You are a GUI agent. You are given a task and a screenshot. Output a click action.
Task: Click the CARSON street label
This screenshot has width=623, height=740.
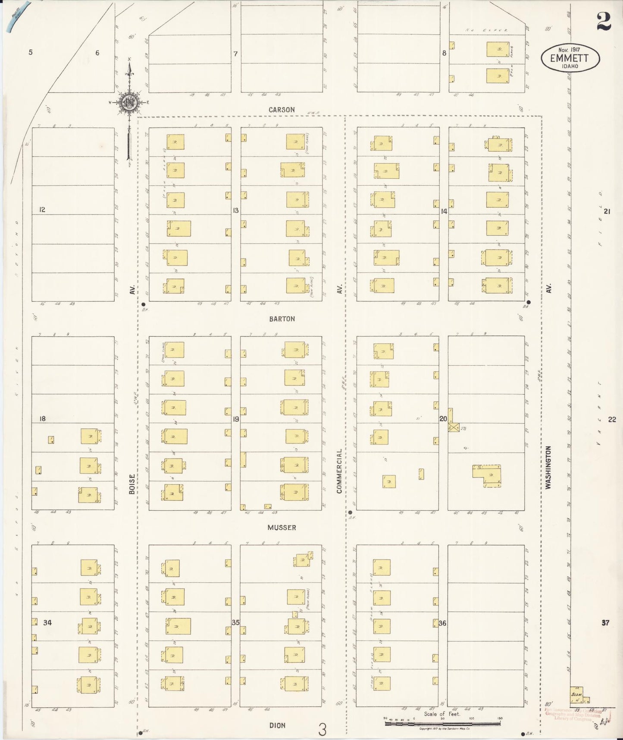282,110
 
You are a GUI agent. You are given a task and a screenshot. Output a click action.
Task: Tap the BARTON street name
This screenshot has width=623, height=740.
282,319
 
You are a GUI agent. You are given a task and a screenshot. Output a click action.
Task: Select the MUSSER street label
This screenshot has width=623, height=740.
282,528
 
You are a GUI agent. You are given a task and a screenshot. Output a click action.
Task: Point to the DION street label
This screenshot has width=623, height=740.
277,725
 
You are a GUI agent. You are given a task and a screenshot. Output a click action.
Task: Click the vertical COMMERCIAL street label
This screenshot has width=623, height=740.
339,471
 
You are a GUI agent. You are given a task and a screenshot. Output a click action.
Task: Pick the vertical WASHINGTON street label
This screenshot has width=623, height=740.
548,468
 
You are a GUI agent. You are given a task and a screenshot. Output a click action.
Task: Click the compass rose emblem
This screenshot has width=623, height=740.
129,102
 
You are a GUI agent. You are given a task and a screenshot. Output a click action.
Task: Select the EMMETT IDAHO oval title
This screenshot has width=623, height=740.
570,58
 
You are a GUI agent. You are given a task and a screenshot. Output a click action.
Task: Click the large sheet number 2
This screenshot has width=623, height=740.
604,22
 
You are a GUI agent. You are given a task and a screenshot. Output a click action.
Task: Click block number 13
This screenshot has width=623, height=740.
236,210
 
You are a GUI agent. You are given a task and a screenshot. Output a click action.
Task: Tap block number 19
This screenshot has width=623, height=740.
236,419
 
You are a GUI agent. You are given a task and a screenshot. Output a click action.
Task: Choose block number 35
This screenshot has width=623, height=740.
236,623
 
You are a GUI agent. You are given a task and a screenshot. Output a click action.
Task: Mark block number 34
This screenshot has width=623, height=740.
47,623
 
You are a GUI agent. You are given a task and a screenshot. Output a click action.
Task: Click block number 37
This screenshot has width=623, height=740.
605,623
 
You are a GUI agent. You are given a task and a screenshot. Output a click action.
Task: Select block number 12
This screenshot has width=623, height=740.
42,210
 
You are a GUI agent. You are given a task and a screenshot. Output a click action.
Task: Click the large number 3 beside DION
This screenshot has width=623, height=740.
322,730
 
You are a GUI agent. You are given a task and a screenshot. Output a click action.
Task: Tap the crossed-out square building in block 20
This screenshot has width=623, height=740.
453,428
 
